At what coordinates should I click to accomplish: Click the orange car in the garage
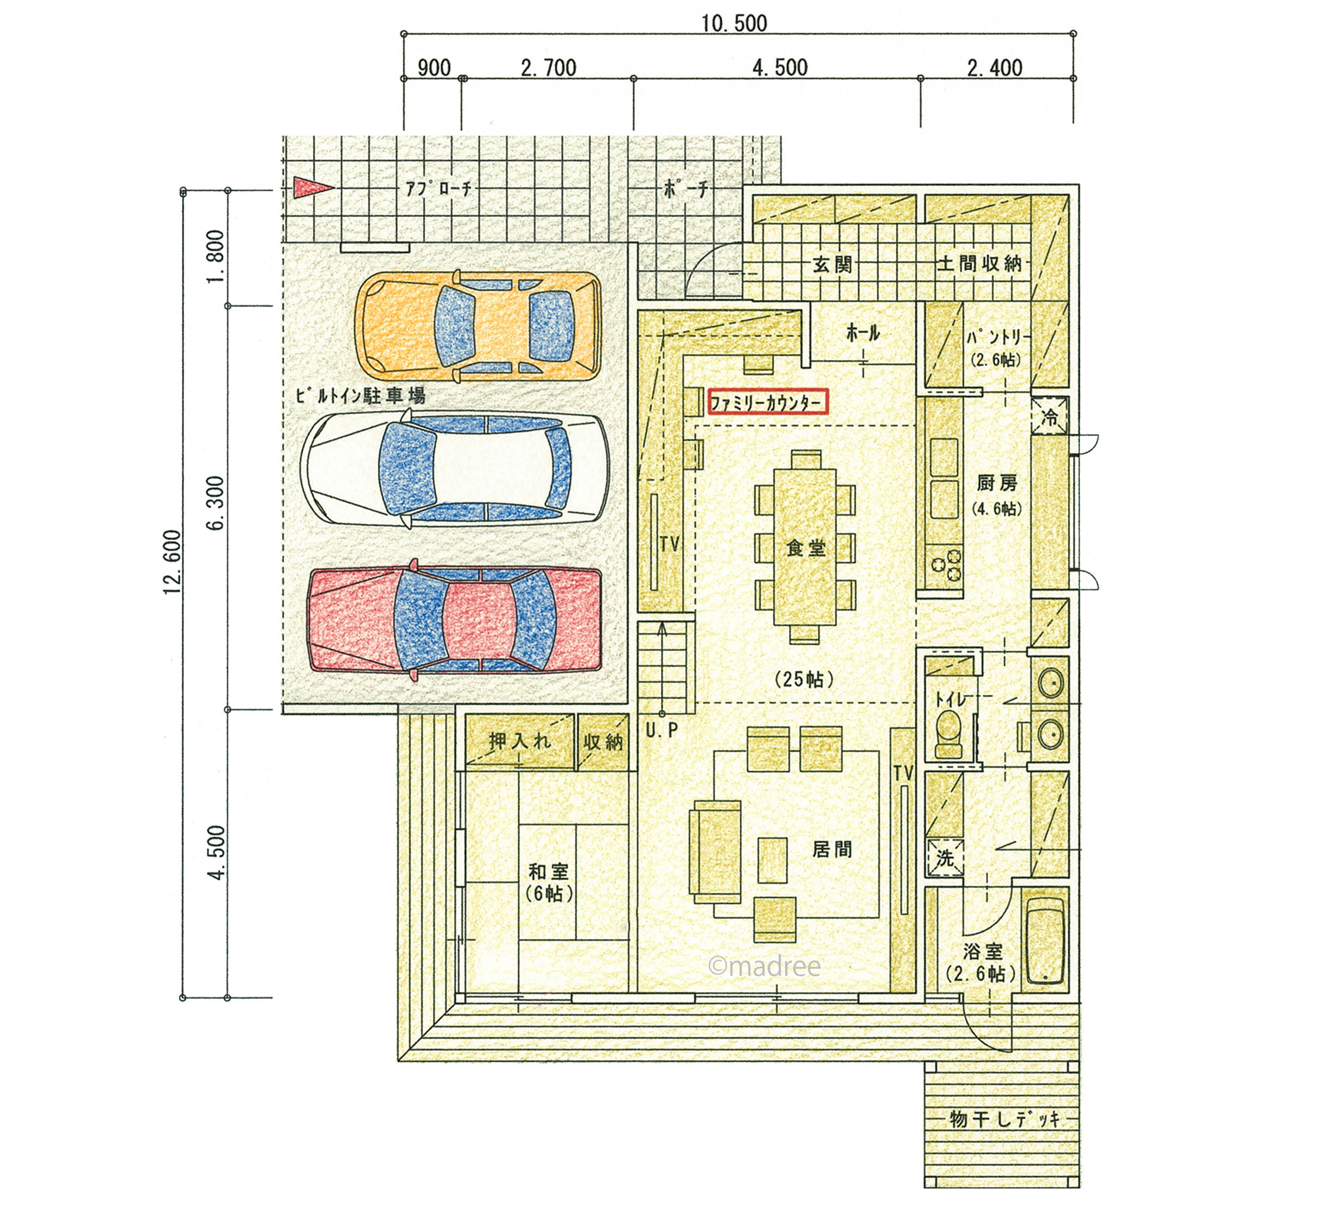point(478,327)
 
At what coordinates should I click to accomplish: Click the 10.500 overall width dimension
point(734,24)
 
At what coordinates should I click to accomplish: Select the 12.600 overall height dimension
point(172,562)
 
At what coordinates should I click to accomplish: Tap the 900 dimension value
point(434,68)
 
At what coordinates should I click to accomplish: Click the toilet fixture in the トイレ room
point(948,734)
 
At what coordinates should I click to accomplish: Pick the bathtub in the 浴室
point(1046,942)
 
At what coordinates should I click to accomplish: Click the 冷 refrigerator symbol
point(1049,416)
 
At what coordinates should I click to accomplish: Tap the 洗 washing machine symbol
point(945,858)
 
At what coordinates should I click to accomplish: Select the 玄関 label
point(832,265)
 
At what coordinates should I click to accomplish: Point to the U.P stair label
point(662,730)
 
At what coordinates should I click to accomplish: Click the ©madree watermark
point(764,967)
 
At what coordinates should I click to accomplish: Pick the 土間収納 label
point(979,264)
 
